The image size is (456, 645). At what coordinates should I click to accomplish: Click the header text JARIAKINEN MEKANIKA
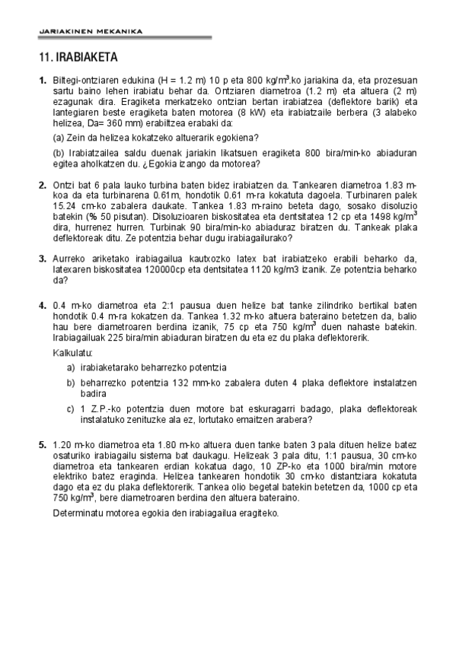coord(90,31)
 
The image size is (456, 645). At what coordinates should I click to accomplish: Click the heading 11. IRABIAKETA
coord(78,57)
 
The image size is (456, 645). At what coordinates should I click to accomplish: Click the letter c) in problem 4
coord(71,408)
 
